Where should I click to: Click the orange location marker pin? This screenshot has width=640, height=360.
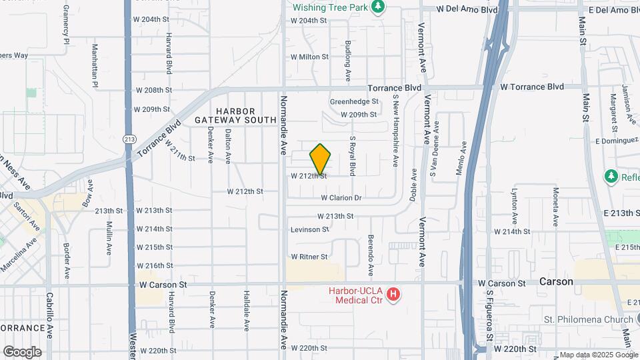(321, 159)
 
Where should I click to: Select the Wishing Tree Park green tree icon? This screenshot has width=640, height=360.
(379, 7)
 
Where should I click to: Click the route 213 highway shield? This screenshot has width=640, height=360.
(129, 139)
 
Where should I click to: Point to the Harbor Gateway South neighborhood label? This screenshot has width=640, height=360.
(235, 115)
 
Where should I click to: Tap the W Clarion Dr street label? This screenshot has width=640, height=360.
(341, 198)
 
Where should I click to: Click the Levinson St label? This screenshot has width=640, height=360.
(310, 229)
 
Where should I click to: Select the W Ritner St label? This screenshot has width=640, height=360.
(309, 257)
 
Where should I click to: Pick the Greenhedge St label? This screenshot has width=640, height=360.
(354, 102)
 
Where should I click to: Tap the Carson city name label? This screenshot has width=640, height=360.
(556, 282)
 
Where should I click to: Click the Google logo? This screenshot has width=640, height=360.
(22, 351)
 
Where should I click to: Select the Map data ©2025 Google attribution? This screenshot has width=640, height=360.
(598, 355)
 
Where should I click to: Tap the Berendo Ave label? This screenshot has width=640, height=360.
(371, 255)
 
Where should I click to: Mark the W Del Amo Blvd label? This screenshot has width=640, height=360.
(467, 10)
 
